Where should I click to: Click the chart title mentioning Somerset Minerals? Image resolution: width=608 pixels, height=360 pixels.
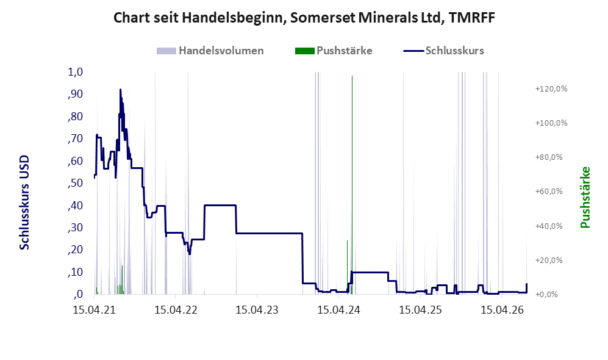(304, 18)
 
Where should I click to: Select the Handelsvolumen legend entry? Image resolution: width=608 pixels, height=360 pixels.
(210, 51)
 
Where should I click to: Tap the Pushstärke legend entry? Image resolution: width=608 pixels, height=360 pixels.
(334, 51)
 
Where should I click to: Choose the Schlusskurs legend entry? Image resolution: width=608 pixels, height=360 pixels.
(443, 51)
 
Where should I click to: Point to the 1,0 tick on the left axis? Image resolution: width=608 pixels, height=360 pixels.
(75, 72)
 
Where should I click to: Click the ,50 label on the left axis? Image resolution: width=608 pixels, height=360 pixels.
(75, 182)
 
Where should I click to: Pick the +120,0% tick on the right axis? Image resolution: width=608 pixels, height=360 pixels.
(551, 89)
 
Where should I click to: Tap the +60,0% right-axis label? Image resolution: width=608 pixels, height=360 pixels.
(549, 191)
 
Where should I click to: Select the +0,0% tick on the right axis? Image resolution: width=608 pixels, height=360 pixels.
(546, 294)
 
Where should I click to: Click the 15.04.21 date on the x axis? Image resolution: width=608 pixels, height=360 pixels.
(95, 310)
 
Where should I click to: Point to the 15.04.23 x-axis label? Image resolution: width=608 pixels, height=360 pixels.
(257, 310)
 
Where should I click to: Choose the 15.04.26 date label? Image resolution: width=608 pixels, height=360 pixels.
(502, 310)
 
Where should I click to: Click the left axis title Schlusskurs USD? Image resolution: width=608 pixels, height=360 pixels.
(24, 203)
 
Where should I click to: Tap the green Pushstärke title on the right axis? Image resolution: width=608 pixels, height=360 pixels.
(585, 198)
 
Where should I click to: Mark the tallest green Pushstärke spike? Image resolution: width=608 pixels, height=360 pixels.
(352, 185)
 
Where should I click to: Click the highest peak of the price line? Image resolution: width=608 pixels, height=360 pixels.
(120, 90)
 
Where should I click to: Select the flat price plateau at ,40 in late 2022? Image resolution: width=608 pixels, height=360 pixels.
(220, 205)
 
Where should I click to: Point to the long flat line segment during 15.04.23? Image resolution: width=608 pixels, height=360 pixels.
(269, 233)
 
